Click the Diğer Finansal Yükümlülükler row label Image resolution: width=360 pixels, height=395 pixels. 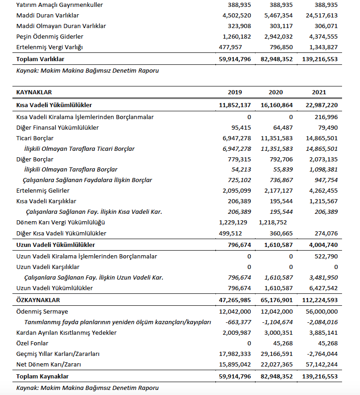(x=58, y=127)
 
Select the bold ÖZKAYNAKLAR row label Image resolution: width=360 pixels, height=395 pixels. (x=38, y=300)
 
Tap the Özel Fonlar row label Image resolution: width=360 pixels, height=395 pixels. (x=33, y=343)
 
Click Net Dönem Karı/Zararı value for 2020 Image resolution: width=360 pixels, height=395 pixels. (x=275, y=365)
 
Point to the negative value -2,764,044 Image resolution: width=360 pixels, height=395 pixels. (x=320, y=354)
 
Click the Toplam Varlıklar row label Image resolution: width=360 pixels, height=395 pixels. (x=40, y=59)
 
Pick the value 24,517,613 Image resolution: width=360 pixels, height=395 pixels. (x=319, y=15)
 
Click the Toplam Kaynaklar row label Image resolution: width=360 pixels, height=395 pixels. (x=42, y=377)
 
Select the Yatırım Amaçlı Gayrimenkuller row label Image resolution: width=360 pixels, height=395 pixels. (x=59, y=5)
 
